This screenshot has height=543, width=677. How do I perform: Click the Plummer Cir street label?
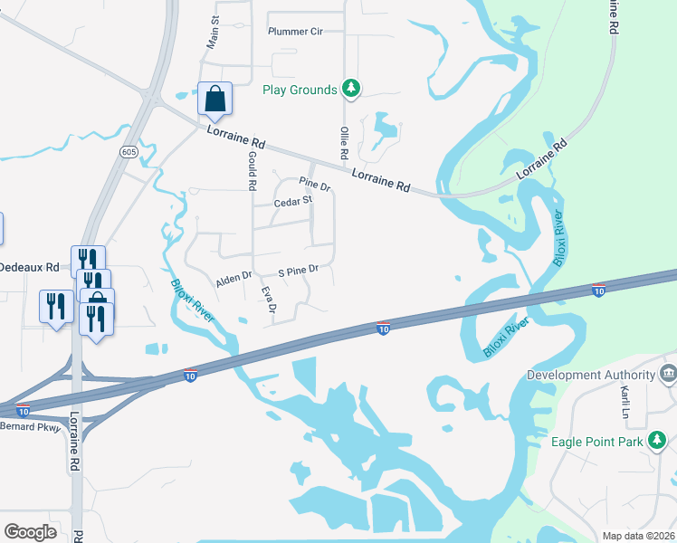click(x=295, y=31)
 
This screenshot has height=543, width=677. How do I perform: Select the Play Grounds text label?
click(x=300, y=89)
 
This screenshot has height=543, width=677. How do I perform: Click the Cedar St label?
click(x=292, y=202)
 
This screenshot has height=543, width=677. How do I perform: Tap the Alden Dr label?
click(x=233, y=275)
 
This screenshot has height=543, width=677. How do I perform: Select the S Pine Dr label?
click(x=299, y=270)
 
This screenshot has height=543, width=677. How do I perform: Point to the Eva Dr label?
click(x=267, y=301)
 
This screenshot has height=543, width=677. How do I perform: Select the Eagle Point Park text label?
click(x=596, y=442)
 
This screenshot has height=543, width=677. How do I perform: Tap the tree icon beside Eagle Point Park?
click(x=657, y=442)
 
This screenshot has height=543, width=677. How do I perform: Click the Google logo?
click(x=30, y=531)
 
